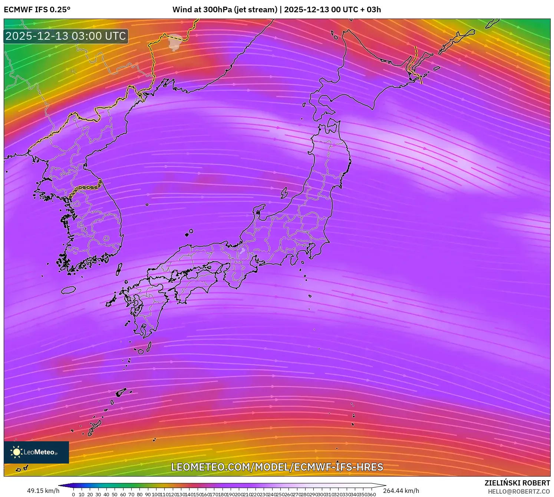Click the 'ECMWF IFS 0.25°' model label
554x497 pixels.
click(37, 10)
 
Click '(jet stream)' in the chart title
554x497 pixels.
click(255, 10)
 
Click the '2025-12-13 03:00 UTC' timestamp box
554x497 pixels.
click(66, 36)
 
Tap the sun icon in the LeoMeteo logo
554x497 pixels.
click(16, 452)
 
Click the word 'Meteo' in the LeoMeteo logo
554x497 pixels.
click(44, 452)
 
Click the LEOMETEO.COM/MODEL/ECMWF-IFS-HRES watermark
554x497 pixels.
click(277, 467)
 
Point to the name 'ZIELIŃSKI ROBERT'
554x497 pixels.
click(517, 483)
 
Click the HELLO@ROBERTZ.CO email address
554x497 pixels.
click(519, 491)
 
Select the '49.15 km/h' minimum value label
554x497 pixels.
click(43, 491)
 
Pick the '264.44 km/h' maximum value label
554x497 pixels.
click(401, 491)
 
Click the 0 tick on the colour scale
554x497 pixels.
click(73, 494)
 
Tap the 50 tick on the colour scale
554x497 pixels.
click(115, 494)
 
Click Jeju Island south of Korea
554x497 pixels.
click(69, 290)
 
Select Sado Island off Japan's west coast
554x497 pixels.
click(284, 193)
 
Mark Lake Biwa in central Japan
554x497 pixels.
click(242, 251)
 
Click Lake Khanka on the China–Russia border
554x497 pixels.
click(175, 42)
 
